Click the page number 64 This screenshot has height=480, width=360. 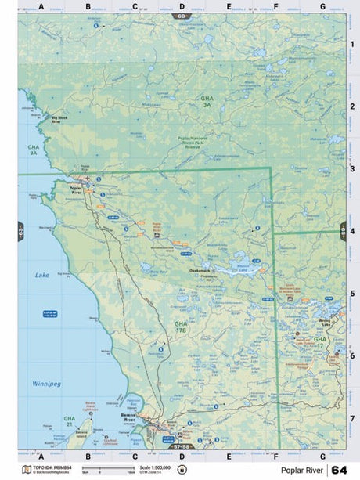(338, 469)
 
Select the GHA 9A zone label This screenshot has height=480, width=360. (33, 150)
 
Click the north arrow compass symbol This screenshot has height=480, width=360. (182, 469)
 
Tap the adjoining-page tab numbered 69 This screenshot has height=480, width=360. (182, 16)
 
